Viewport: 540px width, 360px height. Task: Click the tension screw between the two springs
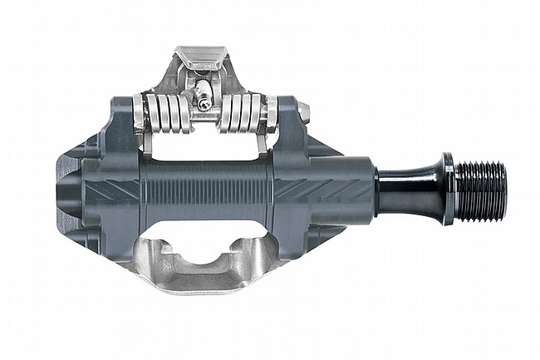[x=204, y=101]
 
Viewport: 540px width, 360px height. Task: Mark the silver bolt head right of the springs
[x=304, y=111]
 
